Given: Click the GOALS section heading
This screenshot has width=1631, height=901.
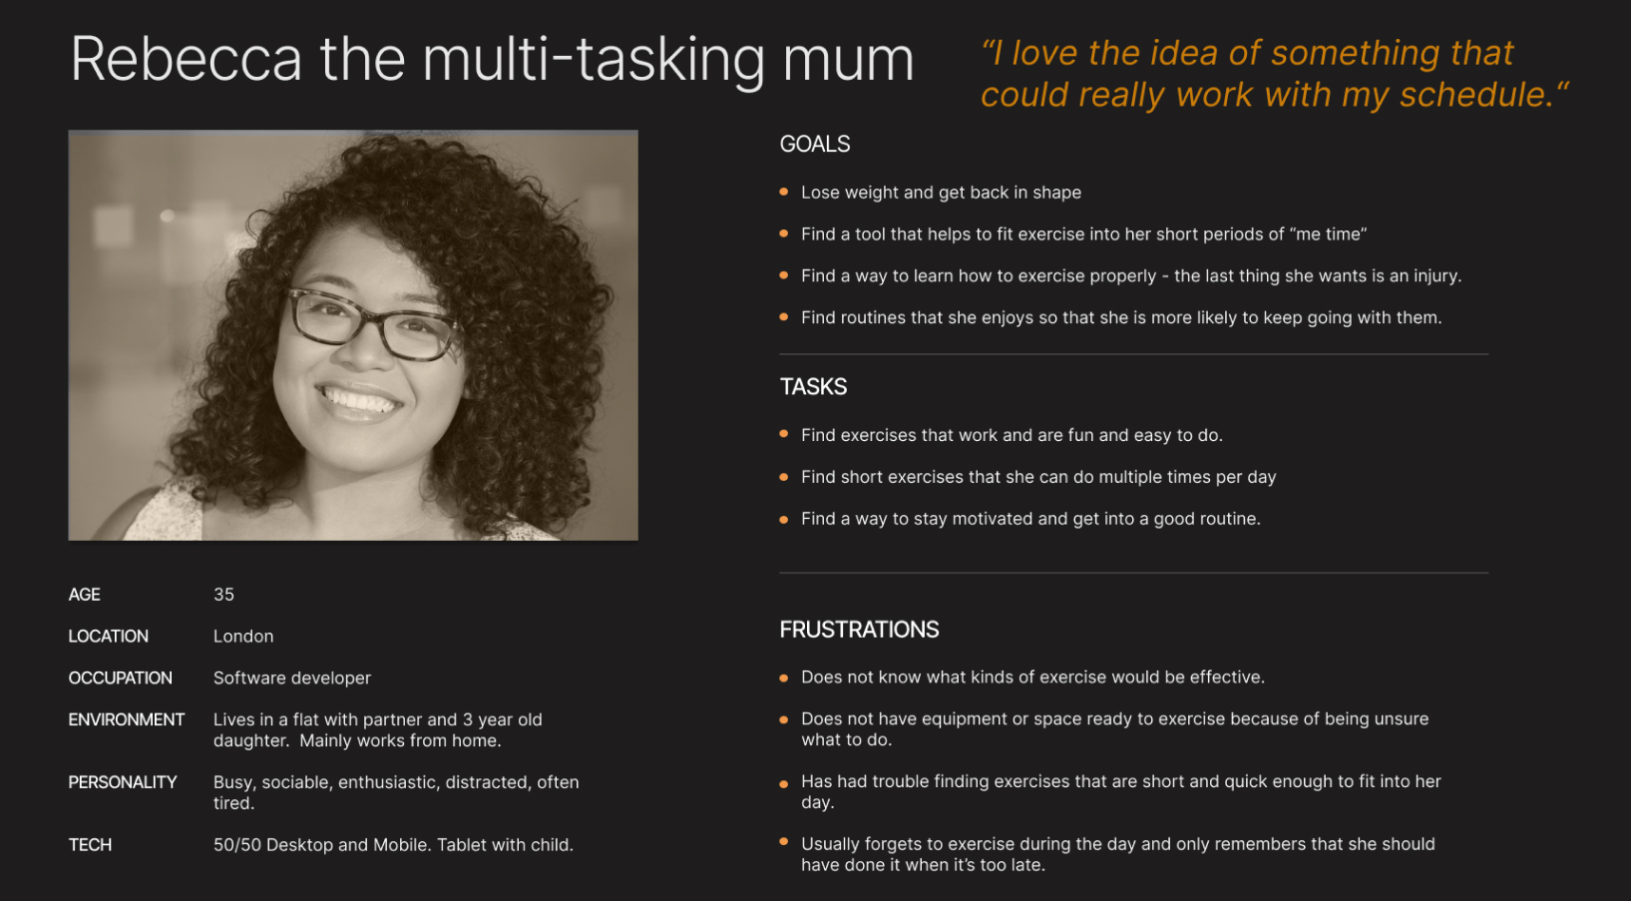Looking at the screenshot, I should click(814, 145).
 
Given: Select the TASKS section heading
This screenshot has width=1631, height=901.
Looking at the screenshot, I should click(813, 387).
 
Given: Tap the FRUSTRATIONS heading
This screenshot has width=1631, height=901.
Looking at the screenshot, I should click(859, 630).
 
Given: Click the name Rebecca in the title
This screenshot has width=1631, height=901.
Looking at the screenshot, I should click(187, 60).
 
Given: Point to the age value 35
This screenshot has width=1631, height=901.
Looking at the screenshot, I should click(223, 595).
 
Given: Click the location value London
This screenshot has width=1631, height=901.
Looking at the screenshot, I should click(243, 637).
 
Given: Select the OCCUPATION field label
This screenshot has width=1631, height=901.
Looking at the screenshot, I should click(120, 678).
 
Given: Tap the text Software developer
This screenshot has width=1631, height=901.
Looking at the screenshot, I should click(291, 678).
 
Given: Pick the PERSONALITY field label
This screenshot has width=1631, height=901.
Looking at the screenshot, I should click(122, 782).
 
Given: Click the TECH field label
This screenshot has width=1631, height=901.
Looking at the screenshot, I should click(90, 845).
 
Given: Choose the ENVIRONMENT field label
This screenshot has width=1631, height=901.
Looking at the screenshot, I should click(126, 720).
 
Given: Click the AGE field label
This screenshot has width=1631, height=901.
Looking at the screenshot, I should click(84, 595).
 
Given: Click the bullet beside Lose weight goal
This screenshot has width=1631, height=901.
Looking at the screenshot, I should click(784, 192).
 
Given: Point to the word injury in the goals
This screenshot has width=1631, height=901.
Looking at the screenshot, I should click(1434, 276).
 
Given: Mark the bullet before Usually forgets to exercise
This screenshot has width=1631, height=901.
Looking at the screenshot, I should click(784, 843).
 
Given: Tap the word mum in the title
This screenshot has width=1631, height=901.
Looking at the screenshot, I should click(848, 60).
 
